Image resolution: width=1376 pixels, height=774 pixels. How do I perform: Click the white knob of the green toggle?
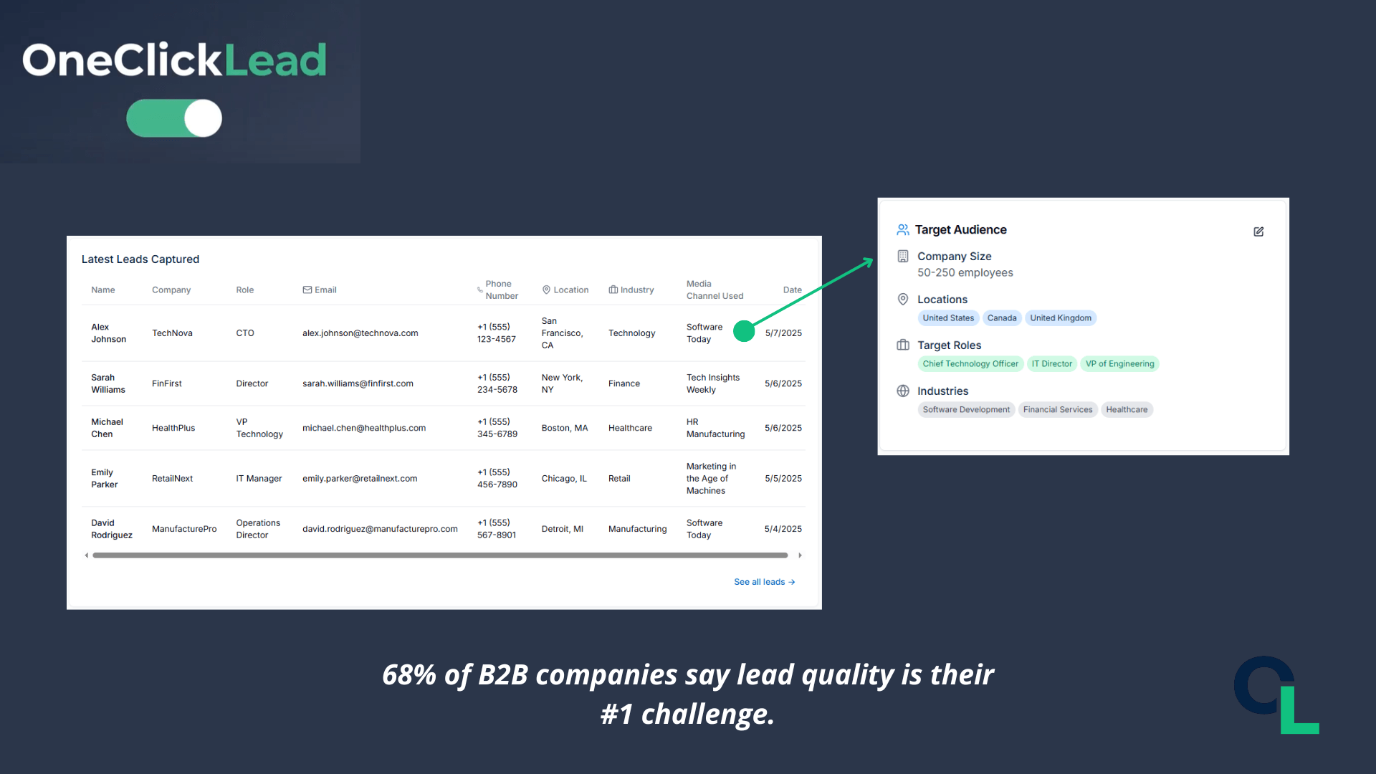tap(203, 118)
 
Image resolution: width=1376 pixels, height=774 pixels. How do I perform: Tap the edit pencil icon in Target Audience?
tap(1258, 231)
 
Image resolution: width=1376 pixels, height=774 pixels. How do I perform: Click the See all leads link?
tap(764, 582)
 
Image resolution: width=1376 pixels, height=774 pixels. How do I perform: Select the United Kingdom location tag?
tap(1061, 318)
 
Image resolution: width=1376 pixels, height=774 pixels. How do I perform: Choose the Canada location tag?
tap(1002, 318)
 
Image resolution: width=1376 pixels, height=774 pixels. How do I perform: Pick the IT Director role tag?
tap(1051, 364)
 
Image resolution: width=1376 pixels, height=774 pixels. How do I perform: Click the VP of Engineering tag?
tap(1119, 364)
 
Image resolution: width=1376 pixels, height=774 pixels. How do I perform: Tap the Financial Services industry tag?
tap(1058, 410)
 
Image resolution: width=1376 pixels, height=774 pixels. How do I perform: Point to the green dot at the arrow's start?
tap(744, 331)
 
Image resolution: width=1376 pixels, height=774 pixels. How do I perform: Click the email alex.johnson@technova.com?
tap(360, 333)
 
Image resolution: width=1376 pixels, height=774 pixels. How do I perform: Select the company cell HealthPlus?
tap(173, 428)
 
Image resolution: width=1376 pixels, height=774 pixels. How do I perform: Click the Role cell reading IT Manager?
tap(259, 479)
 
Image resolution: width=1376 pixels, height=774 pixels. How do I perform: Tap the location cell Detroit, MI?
tap(562, 529)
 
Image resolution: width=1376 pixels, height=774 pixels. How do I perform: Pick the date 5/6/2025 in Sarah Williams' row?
tap(783, 383)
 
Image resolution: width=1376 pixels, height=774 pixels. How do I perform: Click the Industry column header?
tap(631, 290)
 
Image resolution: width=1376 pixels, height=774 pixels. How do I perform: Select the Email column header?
tap(320, 290)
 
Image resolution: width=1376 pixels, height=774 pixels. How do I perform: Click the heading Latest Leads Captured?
tap(140, 259)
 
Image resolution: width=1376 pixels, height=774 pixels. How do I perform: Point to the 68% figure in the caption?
tap(409, 675)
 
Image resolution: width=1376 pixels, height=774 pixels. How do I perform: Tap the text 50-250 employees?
tap(965, 273)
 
